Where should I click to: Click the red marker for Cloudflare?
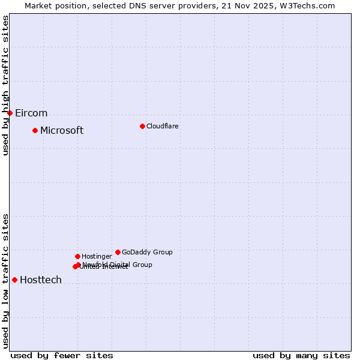(142, 126)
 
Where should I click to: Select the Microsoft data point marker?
(35, 130)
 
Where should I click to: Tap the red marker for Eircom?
(10, 113)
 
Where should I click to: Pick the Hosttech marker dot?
(14, 280)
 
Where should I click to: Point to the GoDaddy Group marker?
(118, 252)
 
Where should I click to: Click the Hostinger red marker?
(77, 256)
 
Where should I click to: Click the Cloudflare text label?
(162, 126)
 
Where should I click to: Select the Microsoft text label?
(62, 130)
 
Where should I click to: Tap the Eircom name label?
(31, 113)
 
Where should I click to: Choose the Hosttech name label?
(41, 280)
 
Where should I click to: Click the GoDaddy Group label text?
(147, 252)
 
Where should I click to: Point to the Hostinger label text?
(97, 256)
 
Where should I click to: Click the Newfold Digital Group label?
(118, 264)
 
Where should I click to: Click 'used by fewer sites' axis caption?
(62, 355)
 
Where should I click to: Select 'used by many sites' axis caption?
(301, 355)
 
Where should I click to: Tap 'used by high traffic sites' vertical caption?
(5, 85)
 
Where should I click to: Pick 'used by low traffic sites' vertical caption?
(5, 281)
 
